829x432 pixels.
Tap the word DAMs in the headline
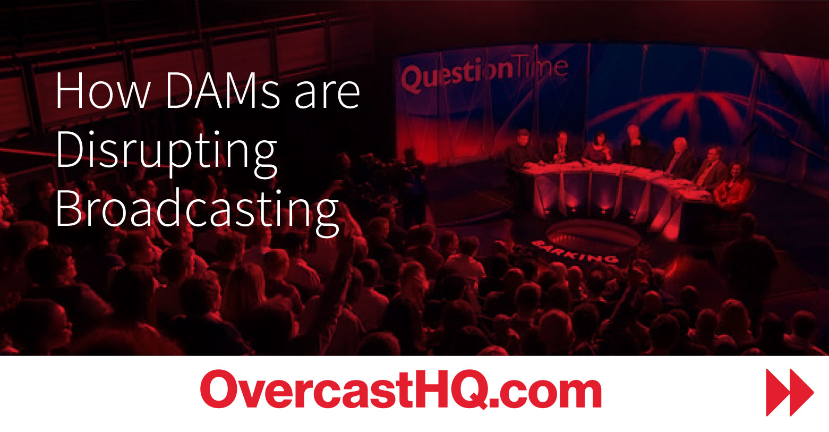point(223,90)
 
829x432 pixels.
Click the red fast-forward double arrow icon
point(789,392)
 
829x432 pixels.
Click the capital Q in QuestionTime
point(413,79)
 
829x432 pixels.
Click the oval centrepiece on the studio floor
point(593,235)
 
